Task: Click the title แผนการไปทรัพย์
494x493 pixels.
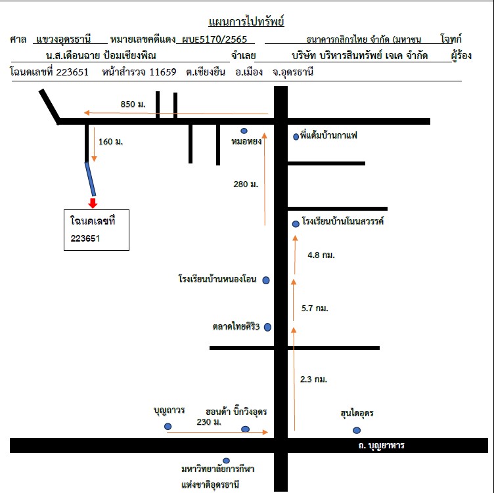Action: pos(246,22)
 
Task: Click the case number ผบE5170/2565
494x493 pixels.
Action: pos(214,39)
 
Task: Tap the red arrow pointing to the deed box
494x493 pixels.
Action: pos(93,203)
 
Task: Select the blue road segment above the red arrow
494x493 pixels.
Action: pos(91,179)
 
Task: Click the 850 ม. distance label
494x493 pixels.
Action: pos(133,104)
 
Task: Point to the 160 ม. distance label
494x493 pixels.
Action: pos(110,142)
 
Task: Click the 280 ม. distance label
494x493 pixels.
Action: pos(246,184)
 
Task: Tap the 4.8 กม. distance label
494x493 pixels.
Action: pos(321,255)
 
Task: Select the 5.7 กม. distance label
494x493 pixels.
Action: pos(315,308)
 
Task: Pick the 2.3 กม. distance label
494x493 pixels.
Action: pos(313,379)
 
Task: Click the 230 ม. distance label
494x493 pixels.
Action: pos(209,422)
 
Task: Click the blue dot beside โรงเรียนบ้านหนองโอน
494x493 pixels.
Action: pos(266,280)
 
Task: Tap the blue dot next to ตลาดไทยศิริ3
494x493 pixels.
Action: pos(267,327)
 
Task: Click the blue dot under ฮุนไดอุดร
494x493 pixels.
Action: pos(357,431)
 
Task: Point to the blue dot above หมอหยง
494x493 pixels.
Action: pos(244,131)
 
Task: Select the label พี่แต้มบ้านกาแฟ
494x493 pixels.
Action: pos(328,135)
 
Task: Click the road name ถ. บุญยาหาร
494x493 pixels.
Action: pos(381,446)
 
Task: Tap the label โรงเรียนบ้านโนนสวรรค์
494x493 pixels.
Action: pos(343,221)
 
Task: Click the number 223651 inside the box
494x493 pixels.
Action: pos(85,238)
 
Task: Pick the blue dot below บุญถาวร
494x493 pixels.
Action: pos(168,426)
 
